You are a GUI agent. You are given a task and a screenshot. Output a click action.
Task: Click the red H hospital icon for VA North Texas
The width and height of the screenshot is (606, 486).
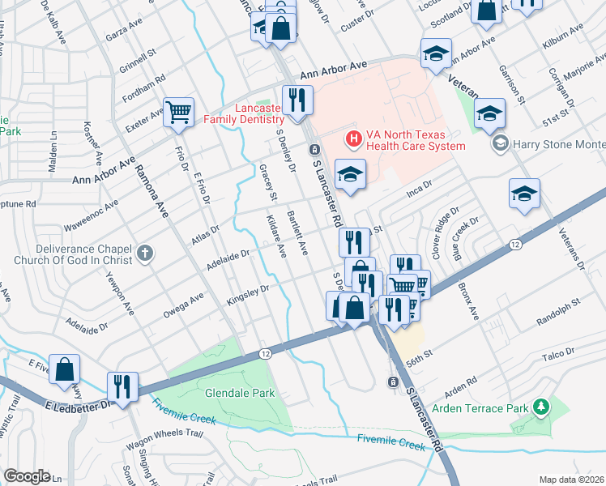(x=354, y=139)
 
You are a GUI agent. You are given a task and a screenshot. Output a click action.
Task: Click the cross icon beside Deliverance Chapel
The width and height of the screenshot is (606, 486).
(x=144, y=254)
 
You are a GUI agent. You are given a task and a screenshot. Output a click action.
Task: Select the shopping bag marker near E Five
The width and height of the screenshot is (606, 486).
(x=64, y=369)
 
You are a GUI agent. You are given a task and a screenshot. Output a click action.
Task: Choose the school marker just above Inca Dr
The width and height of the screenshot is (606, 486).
(x=349, y=175)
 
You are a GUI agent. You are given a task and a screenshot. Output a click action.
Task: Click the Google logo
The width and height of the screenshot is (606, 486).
(x=27, y=476)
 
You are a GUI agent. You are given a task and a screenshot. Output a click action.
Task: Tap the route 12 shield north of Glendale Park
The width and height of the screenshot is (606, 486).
(x=265, y=354)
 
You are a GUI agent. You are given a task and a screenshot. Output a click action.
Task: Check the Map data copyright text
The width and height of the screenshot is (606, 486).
(x=572, y=480)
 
